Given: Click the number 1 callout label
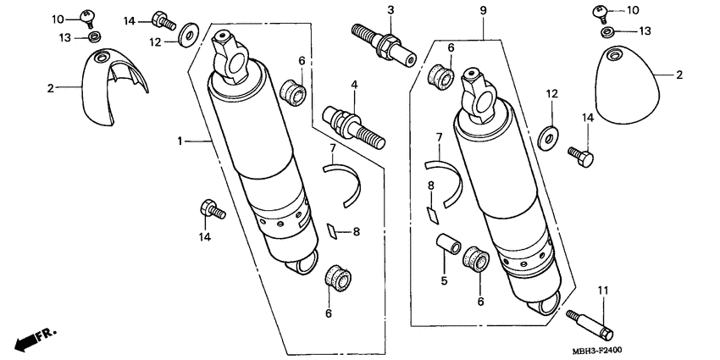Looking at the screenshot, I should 180,141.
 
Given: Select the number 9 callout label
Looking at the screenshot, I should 482,10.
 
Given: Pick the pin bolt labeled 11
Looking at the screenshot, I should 590,322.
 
